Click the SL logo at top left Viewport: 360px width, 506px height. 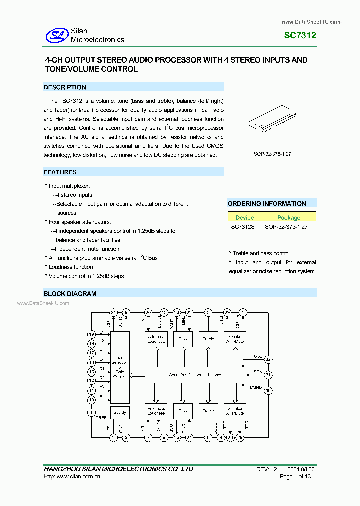pyautogui.click(x=56, y=35)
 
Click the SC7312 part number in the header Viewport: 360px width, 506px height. pyautogui.click(x=300, y=36)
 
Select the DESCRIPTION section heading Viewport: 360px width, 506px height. pyautogui.click(x=65, y=87)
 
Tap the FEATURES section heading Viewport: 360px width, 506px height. pyautogui.click(x=60, y=172)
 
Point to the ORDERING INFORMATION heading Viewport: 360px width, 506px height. pyautogui.click(x=267, y=204)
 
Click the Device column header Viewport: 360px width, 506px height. pyautogui.click(x=245, y=218)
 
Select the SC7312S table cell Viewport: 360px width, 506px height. pyautogui.click(x=243, y=227)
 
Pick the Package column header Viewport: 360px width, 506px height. pyautogui.click(x=289, y=218)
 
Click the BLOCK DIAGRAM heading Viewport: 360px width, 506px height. pyautogui.click(x=70, y=294)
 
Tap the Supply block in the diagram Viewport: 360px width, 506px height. pyautogui.click(x=120, y=412)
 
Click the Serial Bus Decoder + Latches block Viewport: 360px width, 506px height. pyautogui.click(x=195, y=375)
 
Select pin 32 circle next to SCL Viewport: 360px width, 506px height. pyautogui.click(x=268, y=359)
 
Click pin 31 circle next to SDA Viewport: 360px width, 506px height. pyautogui.click(x=268, y=375)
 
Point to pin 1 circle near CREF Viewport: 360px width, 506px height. pyautogui.click(x=91, y=412)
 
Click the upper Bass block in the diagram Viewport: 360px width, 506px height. pyautogui.click(x=183, y=339)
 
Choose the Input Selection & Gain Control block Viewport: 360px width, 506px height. pyautogui.click(x=120, y=367)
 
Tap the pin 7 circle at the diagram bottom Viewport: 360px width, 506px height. pyautogui.click(x=148, y=438)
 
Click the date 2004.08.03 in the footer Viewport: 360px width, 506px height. pyautogui.click(x=301, y=469)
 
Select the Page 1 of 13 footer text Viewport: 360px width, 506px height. pyautogui.click(x=295, y=477)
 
